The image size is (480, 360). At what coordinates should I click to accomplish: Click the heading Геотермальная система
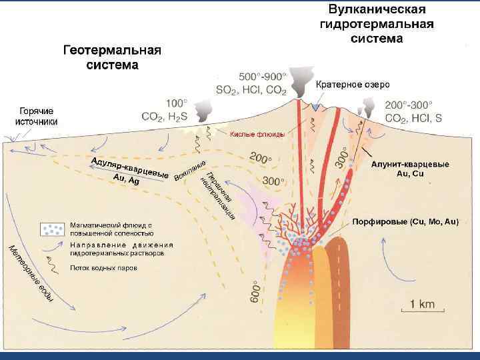point(112,57)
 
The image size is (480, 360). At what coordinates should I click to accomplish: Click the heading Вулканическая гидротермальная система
point(377,24)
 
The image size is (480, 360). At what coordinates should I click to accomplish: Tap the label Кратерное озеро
point(357,85)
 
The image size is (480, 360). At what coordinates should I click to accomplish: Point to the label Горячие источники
point(37,116)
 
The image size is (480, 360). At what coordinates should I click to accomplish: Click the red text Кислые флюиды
point(257,135)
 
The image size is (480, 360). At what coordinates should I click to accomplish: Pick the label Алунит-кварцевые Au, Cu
point(410,169)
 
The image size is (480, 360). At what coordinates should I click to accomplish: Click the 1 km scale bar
point(421,309)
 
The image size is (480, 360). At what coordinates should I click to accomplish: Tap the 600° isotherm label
point(255,291)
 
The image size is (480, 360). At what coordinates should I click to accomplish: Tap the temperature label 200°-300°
point(409,105)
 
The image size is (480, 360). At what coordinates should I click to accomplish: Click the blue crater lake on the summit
point(315,106)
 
